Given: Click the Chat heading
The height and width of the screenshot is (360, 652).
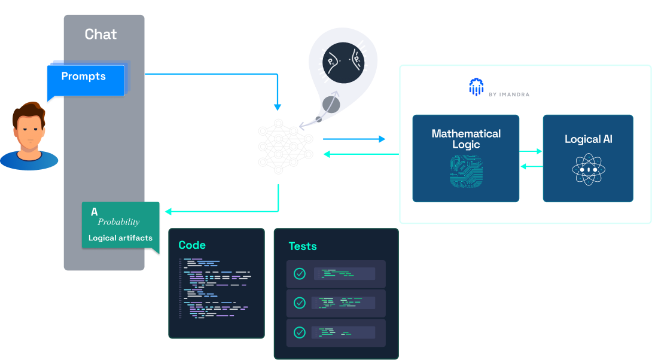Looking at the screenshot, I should tap(100, 34).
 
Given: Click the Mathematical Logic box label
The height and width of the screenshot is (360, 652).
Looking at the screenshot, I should tap(466, 139).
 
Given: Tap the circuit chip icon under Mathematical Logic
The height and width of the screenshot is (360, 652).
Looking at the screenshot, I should tap(466, 172).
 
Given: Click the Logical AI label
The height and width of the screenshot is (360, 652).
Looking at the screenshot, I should tap(588, 139).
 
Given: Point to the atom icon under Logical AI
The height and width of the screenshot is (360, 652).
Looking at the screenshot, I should tap(587, 170).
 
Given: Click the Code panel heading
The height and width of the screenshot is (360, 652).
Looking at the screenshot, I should tap(192, 245).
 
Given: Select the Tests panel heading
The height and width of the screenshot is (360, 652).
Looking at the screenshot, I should tap(303, 246).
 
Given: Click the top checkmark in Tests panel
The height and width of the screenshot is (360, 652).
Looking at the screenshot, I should tap(300, 274).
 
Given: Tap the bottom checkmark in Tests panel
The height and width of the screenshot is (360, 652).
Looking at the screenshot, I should tap(300, 332).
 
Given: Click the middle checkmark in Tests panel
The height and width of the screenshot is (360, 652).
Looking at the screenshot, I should tap(300, 303).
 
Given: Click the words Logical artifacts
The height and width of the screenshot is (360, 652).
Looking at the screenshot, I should tap(120, 238).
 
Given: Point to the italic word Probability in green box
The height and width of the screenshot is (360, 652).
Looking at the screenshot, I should tap(118, 222).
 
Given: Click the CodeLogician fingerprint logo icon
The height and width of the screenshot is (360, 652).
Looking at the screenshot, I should tap(476, 87).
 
